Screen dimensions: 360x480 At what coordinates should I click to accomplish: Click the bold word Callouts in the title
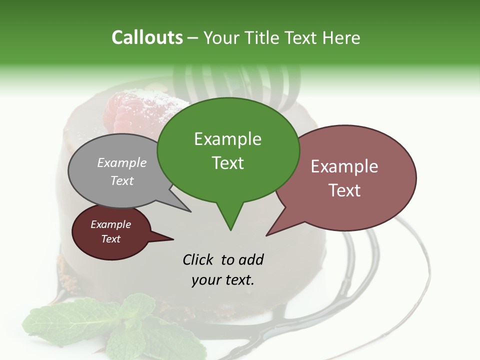point(147,37)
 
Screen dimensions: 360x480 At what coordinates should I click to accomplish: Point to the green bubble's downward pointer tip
point(230,229)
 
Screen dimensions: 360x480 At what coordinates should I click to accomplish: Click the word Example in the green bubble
point(227,139)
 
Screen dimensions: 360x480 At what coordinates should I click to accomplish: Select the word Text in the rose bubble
point(344,190)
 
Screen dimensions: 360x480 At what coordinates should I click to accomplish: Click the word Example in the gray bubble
point(122,162)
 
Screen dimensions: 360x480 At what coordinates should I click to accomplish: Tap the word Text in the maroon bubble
point(111,239)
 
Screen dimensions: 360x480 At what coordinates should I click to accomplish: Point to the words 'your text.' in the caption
point(223,280)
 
